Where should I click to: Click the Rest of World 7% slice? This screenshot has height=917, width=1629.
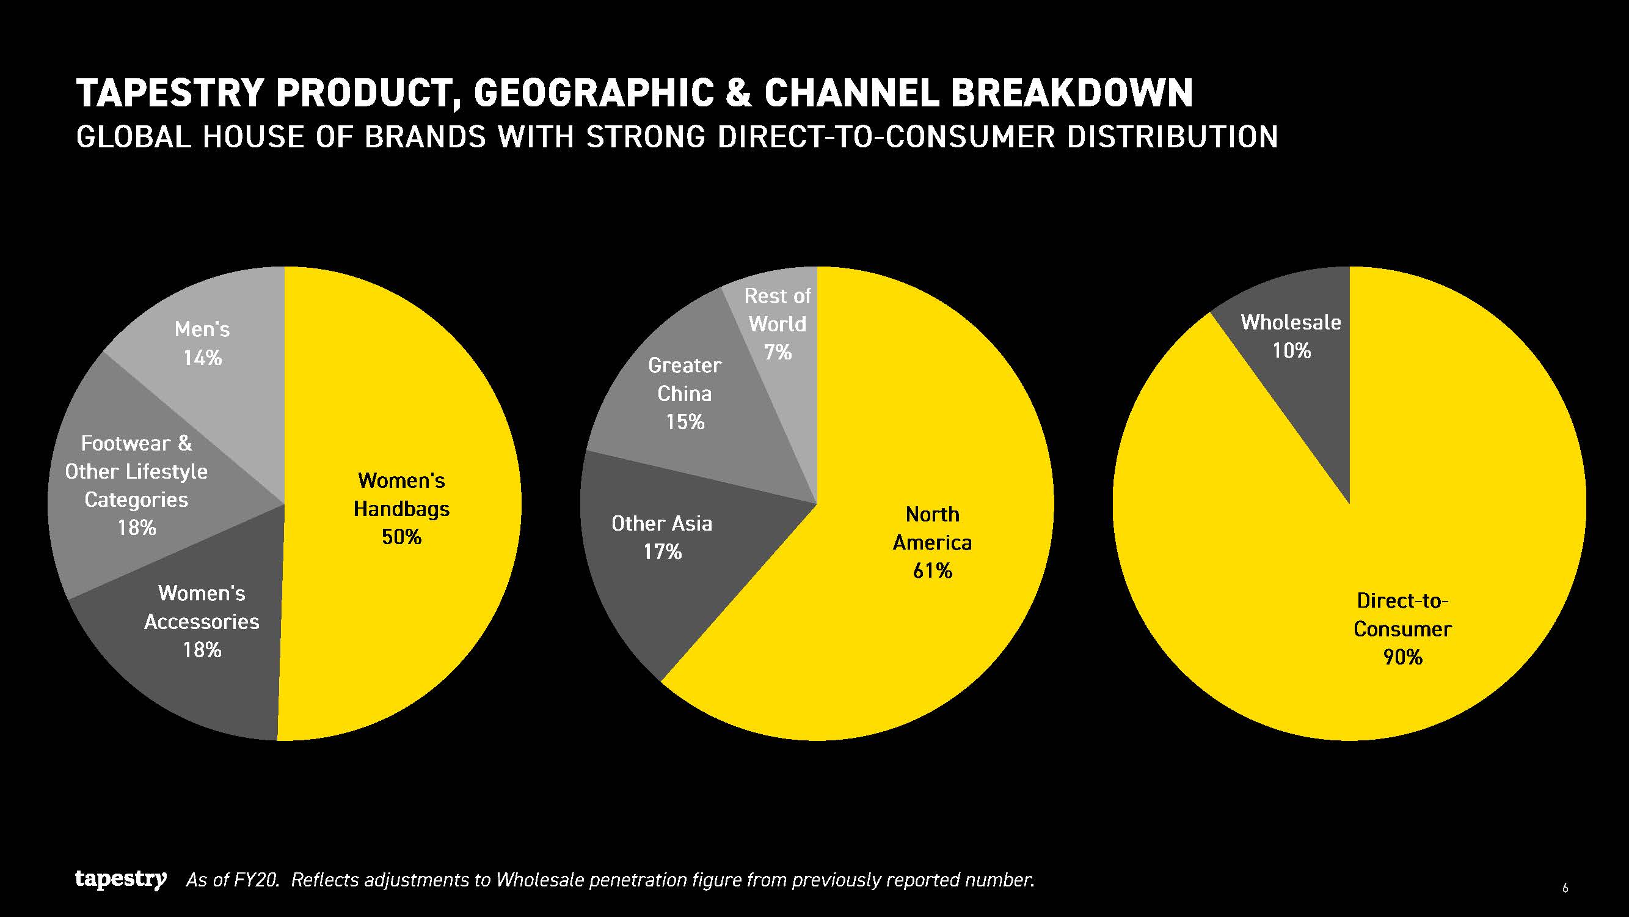coord(781,342)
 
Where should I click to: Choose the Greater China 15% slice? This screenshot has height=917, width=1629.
coord(690,399)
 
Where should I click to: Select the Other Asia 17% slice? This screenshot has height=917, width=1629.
coord(664,544)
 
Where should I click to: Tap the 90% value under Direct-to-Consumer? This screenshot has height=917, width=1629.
coord(1402,658)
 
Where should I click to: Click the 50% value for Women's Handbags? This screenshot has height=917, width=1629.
coord(401,537)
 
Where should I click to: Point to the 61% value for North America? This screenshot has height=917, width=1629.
coord(933,571)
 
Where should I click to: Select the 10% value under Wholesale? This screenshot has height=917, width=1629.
coord(1291,350)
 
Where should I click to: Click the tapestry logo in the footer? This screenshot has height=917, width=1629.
coord(121,879)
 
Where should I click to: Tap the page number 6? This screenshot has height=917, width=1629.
coord(1565,888)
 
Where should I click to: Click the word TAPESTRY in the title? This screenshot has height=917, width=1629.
coord(169,93)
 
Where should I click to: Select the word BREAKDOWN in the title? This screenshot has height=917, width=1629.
coord(1072,93)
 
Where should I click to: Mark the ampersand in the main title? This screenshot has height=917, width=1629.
coord(738,93)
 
